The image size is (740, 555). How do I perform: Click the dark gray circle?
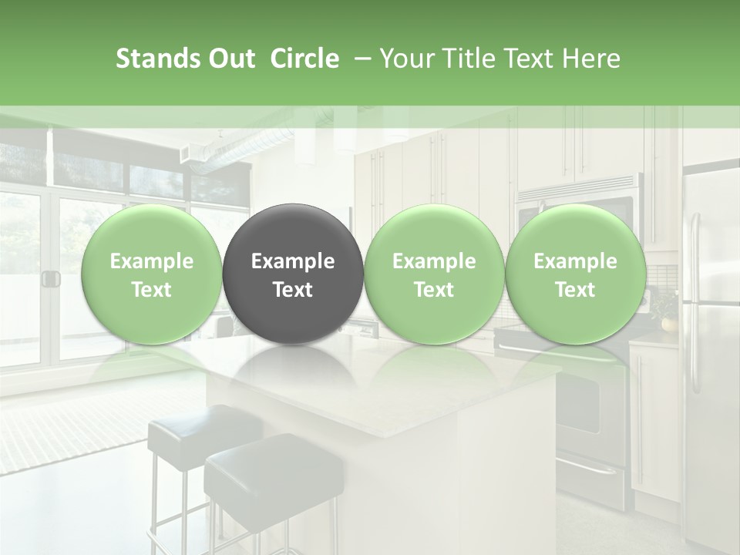[293, 274]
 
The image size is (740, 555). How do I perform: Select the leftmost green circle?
[151, 274]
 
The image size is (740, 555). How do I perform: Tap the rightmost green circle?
[575, 274]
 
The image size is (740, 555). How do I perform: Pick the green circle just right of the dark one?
[434, 274]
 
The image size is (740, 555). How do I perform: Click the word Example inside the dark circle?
[293, 261]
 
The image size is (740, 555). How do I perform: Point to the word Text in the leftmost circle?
[151, 290]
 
